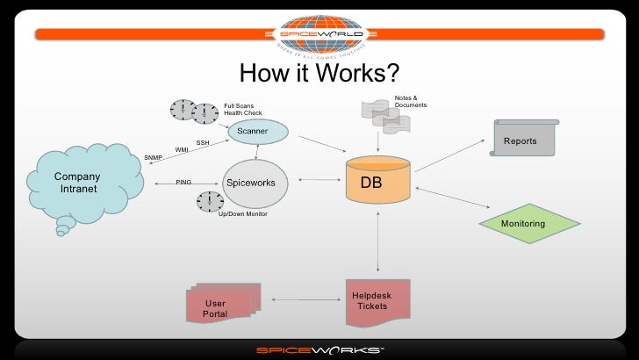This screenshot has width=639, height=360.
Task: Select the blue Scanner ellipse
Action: click(257, 132)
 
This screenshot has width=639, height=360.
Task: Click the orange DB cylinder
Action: click(377, 181)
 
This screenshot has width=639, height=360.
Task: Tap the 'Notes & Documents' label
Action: click(411, 102)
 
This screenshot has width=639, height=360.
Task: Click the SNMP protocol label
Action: click(153, 158)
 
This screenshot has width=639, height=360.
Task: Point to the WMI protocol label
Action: click(182, 150)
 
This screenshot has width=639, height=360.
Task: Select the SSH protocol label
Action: click(203, 142)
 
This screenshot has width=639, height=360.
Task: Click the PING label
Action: click(183, 183)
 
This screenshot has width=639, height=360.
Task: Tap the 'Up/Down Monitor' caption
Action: click(242, 213)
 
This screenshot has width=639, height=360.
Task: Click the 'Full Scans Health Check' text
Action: click(242, 109)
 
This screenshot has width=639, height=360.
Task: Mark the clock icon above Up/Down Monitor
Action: click(210, 201)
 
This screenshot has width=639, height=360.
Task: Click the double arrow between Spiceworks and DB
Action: click(313, 183)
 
